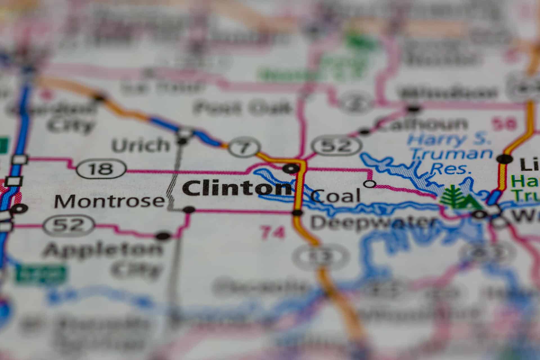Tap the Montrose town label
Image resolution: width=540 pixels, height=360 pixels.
(x=109, y=201)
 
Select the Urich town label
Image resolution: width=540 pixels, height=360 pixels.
(x=141, y=145)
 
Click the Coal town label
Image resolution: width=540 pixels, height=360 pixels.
(x=336, y=196)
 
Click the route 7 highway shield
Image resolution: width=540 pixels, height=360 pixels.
(x=244, y=147)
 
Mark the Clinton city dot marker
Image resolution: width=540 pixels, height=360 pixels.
(x=291, y=168)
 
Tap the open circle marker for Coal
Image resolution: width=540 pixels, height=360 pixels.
(x=370, y=184)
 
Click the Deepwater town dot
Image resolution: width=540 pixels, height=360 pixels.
(x=297, y=212)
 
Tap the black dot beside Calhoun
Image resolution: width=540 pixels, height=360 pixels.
(x=364, y=131)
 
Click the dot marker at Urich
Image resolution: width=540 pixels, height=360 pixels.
(x=182, y=141)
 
